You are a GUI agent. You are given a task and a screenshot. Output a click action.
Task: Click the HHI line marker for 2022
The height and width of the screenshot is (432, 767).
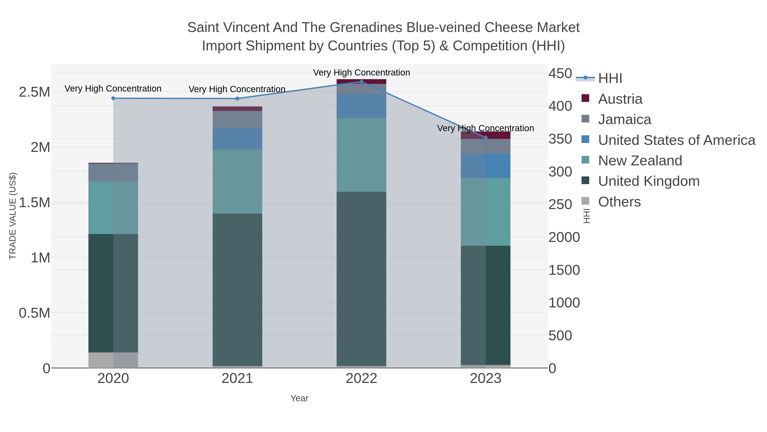point(362,82)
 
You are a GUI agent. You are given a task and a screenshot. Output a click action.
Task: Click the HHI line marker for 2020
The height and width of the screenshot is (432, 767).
point(113,98)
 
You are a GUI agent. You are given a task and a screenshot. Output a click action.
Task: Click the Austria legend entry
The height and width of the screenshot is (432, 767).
point(620,99)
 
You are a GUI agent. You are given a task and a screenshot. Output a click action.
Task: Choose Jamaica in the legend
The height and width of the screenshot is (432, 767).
point(624,119)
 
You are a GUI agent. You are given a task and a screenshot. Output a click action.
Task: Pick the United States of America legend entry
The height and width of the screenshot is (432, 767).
point(676,140)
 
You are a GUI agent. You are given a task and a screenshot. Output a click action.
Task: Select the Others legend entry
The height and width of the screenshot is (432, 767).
point(619,202)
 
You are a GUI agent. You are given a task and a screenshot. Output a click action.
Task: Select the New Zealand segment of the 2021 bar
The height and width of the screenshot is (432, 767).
point(237,181)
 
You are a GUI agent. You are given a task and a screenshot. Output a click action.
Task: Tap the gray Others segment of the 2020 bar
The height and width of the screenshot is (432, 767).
point(113,360)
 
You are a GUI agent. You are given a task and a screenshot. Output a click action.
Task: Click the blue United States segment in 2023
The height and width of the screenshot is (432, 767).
point(486,166)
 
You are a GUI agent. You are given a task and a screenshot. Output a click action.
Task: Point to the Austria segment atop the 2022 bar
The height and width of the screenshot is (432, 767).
point(362,82)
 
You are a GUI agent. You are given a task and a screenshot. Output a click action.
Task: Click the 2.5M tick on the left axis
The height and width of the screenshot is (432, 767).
point(35,92)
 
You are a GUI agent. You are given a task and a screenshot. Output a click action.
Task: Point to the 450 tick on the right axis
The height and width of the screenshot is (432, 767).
point(560,73)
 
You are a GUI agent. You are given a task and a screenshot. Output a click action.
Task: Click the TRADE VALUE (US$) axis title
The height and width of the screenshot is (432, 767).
point(13,216)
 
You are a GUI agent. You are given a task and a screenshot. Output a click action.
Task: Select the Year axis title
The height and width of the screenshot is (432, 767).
point(299,398)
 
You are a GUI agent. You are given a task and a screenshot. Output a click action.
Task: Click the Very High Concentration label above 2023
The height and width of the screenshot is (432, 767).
point(485,128)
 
